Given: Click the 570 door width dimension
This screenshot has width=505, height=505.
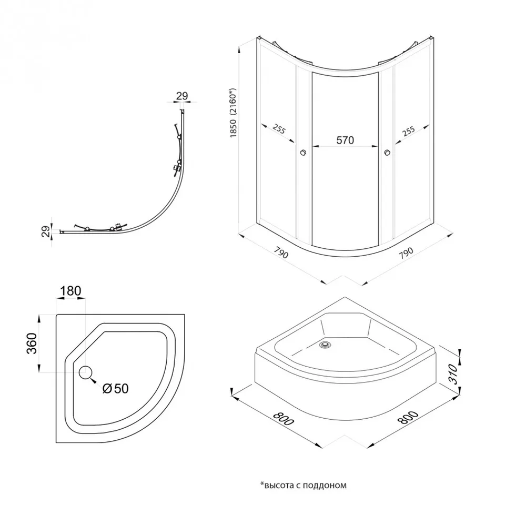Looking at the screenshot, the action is pyautogui.click(x=345, y=140).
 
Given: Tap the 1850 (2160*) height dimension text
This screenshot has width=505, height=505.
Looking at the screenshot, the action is pyautogui.click(x=233, y=113).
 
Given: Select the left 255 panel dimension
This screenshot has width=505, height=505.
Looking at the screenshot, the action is pyautogui.click(x=279, y=129).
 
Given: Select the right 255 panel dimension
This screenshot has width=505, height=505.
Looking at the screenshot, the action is pyautogui.click(x=408, y=132).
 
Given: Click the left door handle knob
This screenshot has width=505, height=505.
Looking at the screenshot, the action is pyautogui.click(x=303, y=153).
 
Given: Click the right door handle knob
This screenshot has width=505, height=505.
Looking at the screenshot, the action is pyautogui.click(x=388, y=153).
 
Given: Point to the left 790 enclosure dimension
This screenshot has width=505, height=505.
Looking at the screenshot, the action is pyautogui.click(x=281, y=252).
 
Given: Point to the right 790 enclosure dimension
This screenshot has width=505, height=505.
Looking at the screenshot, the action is pyautogui.click(x=406, y=253).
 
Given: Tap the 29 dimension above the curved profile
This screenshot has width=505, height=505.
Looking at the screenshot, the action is pyautogui.click(x=182, y=96).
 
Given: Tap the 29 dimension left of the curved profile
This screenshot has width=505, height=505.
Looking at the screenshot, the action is pyautogui.click(x=46, y=231).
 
